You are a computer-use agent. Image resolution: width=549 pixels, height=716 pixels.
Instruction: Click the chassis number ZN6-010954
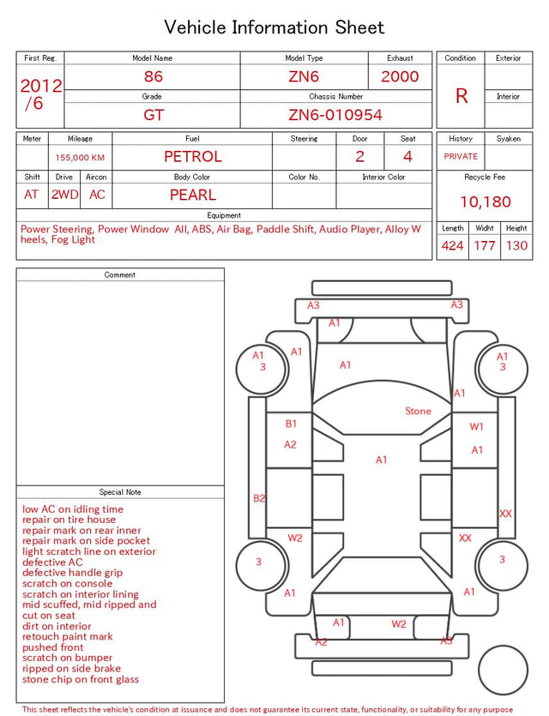pyautogui.click(x=335, y=115)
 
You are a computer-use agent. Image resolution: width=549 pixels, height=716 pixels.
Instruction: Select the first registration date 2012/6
pyautogui.click(x=40, y=94)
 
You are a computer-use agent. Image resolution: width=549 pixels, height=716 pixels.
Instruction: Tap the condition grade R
pyautogui.click(x=462, y=96)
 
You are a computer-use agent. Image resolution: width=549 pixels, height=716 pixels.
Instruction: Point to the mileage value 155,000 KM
pyautogui.click(x=80, y=158)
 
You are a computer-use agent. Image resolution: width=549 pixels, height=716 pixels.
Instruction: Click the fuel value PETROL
pyautogui.click(x=193, y=157)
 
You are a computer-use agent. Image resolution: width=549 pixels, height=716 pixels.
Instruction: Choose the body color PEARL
pyautogui.click(x=193, y=195)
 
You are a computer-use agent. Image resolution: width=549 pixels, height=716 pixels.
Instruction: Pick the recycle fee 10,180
pyautogui.click(x=485, y=202)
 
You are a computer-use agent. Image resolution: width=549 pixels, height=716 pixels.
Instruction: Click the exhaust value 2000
pyautogui.click(x=400, y=76)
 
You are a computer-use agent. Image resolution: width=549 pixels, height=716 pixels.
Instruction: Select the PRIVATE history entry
pyautogui.click(x=461, y=156)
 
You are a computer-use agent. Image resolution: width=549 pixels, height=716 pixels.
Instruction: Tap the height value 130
pyautogui.click(x=516, y=245)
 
